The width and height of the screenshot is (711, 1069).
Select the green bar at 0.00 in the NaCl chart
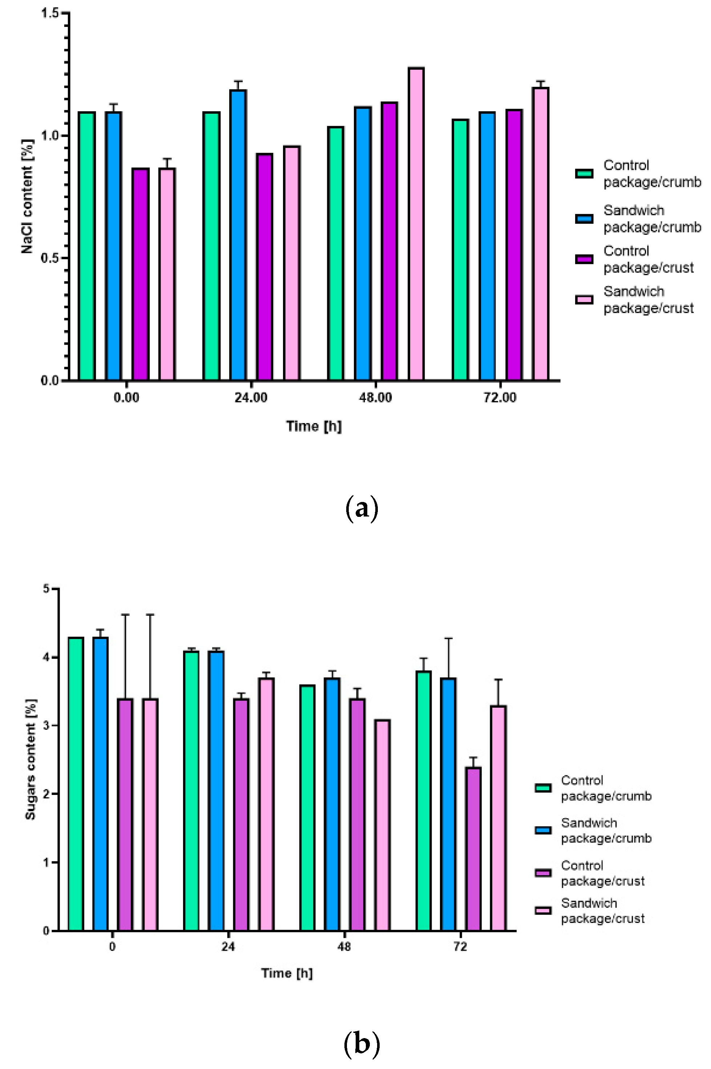tap(86, 246)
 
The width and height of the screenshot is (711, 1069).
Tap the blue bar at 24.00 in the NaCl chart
tap(238, 235)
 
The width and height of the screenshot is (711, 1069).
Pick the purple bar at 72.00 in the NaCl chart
tap(514, 245)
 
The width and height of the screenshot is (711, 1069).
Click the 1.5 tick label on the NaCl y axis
tap(50, 13)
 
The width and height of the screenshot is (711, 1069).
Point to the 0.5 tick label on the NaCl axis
tap(50, 258)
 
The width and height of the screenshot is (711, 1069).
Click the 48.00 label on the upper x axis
tap(375, 398)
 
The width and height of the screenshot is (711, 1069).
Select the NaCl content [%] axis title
tap(27, 196)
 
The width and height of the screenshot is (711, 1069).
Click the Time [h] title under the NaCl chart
tap(314, 426)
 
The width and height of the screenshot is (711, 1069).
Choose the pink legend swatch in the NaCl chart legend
tap(584, 300)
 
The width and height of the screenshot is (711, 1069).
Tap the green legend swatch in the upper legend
tap(584, 174)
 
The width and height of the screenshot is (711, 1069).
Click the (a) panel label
tap(361, 509)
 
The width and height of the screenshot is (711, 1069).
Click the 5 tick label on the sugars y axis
tap(46, 589)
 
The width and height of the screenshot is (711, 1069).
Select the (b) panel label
tap(361, 1044)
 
